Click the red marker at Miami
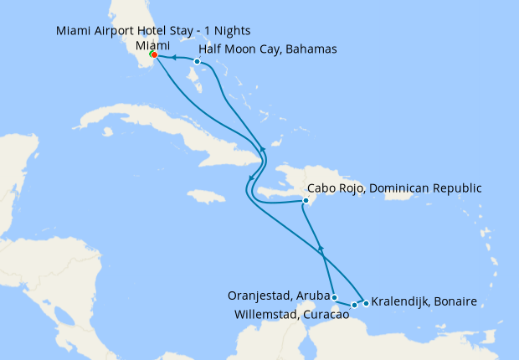[x=154, y=55]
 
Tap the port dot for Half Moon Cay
[x=197, y=61]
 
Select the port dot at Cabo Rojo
[x=307, y=201]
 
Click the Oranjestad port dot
[x=334, y=297]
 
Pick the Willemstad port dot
[x=354, y=305]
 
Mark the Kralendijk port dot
[x=366, y=303]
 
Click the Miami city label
[x=152, y=44]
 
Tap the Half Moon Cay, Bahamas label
[x=268, y=49]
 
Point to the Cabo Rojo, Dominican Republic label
[x=394, y=188]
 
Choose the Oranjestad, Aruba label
[x=277, y=296]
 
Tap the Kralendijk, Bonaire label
[x=424, y=301]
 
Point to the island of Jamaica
[x=207, y=197]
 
